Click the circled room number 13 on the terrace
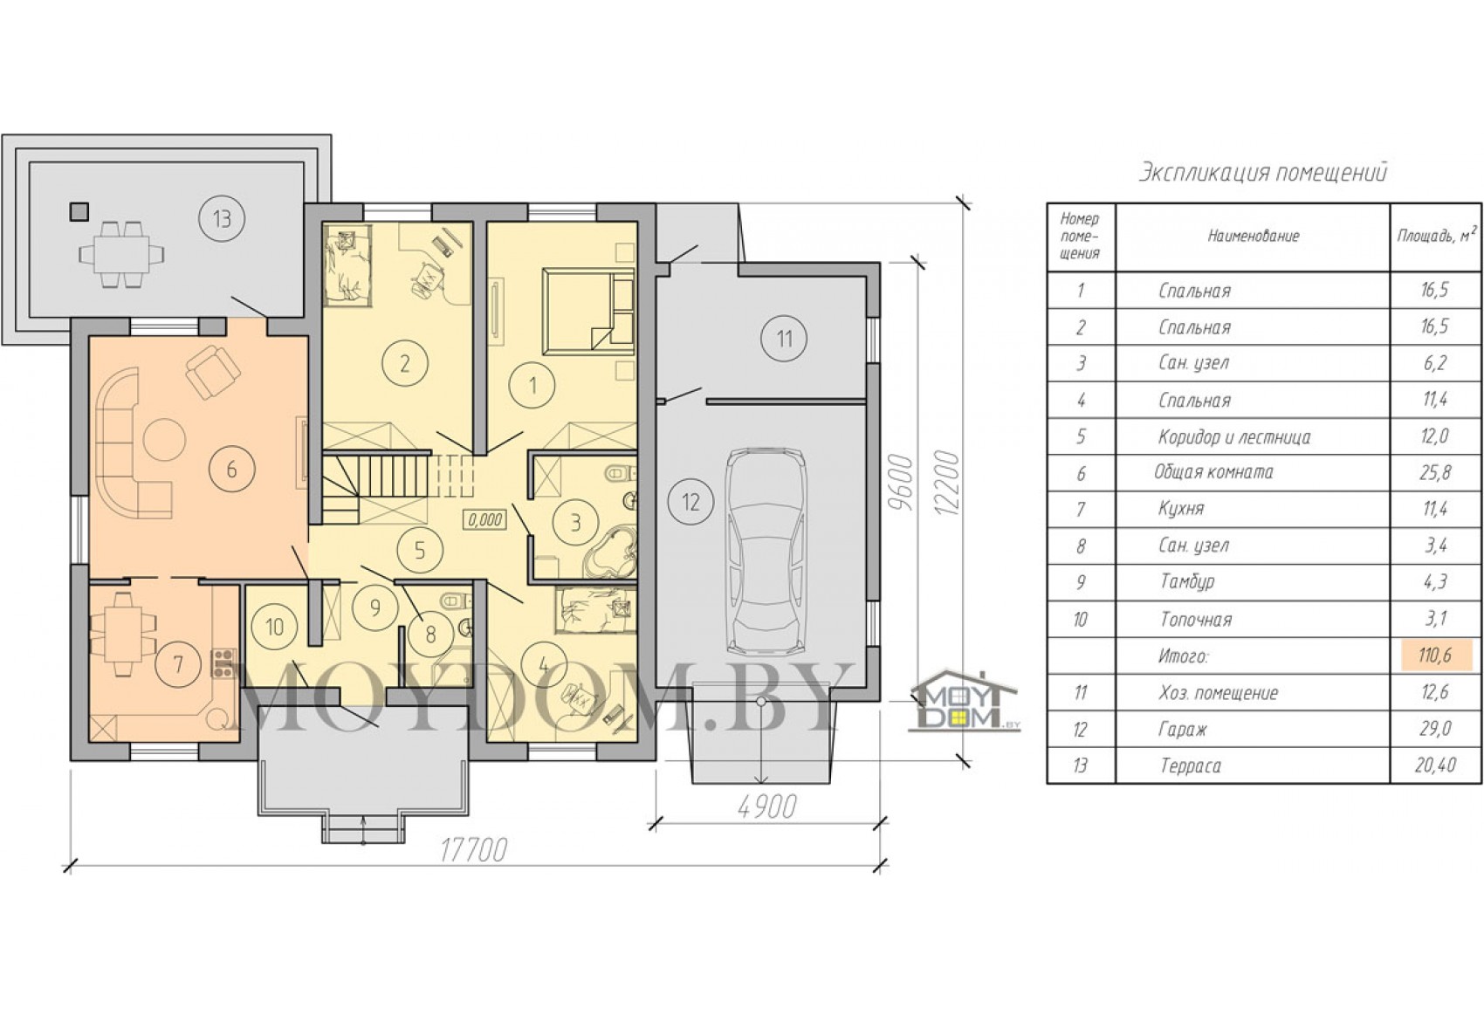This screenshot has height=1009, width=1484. pyautogui.click(x=221, y=218)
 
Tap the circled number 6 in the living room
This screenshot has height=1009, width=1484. pyautogui.click(x=231, y=469)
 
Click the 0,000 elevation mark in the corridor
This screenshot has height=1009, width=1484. pyautogui.click(x=485, y=519)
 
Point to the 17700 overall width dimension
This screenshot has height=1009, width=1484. pyautogui.click(x=473, y=850)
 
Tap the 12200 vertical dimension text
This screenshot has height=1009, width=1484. pyautogui.click(x=947, y=484)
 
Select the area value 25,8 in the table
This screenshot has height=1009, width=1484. pyautogui.click(x=1434, y=472)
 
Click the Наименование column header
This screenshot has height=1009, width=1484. pyautogui.click(x=1253, y=236)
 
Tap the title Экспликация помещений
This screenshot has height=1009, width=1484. pyautogui.click(x=1262, y=173)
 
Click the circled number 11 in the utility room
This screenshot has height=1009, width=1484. pyautogui.click(x=784, y=340)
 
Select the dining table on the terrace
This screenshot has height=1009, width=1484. pyautogui.click(x=122, y=254)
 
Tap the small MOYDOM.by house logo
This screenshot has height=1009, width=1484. pyautogui.click(x=966, y=709)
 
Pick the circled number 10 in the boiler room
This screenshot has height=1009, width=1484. pyautogui.click(x=274, y=626)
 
